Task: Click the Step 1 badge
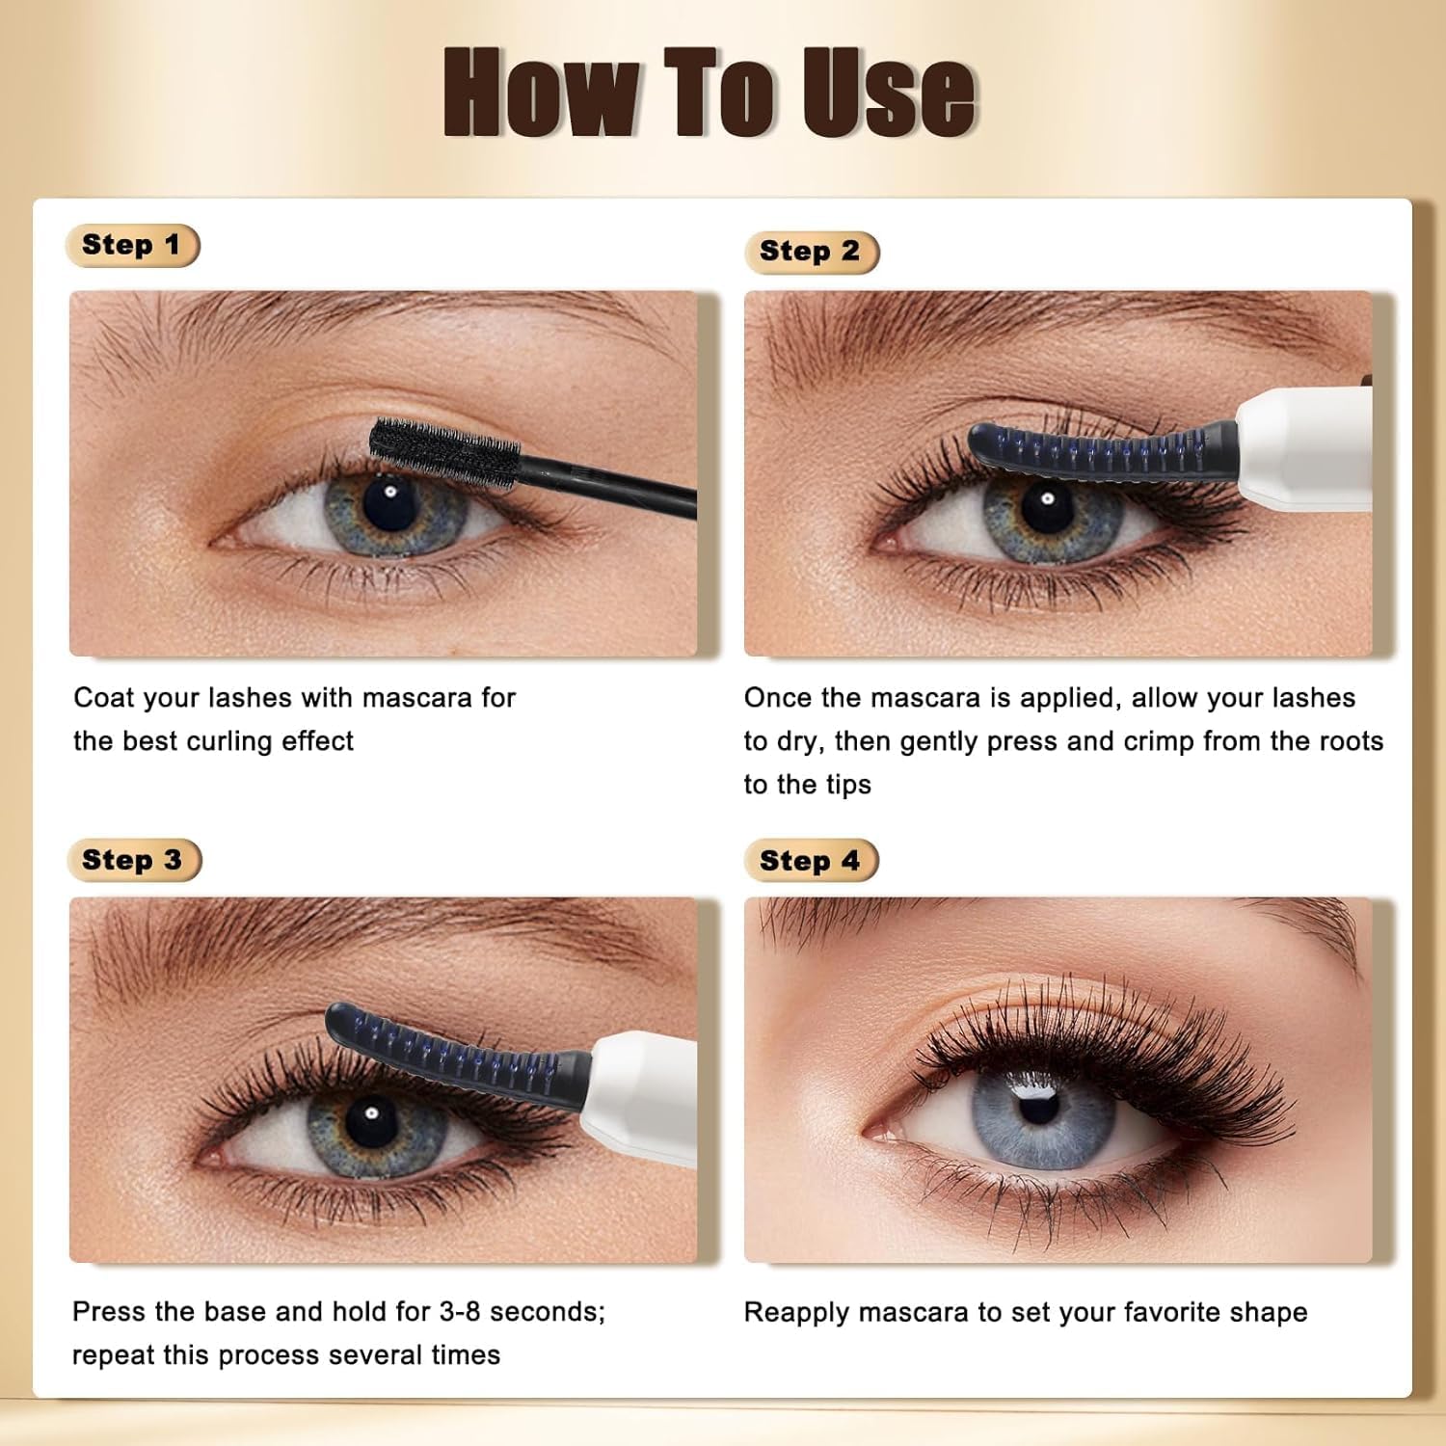coord(132,245)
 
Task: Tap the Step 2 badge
coord(811,252)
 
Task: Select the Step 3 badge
coord(134,860)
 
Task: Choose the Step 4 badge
coord(811,861)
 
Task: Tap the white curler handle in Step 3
coord(642,1094)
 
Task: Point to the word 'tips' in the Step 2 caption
coord(848,785)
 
